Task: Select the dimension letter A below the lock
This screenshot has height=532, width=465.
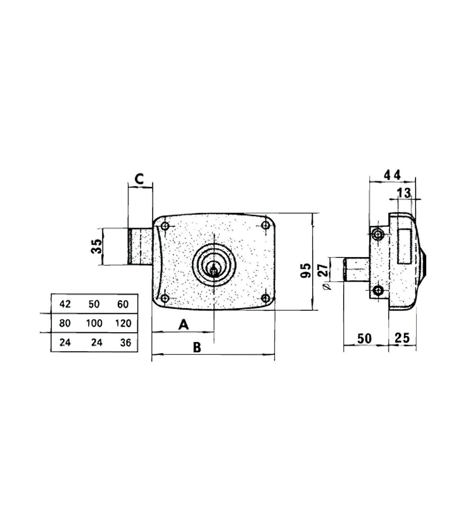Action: tap(183, 325)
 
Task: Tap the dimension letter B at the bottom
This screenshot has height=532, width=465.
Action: tap(197, 347)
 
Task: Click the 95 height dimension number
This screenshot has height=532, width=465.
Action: tap(305, 271)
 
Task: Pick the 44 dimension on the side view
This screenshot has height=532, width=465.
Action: tap(393, 175)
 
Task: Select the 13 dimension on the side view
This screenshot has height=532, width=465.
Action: tap(404, 193)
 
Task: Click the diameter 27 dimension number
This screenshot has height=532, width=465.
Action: tap(324, 270)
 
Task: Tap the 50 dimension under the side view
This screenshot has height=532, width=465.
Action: tap(365, 339)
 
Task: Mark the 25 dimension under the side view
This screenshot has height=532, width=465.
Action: tap(402, 338)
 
